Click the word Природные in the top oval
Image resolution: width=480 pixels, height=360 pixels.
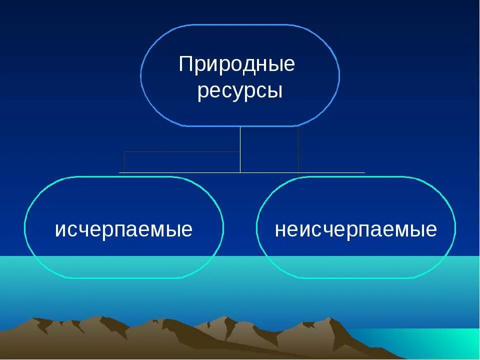pyautogui.click(x=237, y=64)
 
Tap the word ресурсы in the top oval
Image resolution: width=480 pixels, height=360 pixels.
pyautogui.click(x=240, y=91)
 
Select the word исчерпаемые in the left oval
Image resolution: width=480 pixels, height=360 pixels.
pyautogui.click(x=123, y=229)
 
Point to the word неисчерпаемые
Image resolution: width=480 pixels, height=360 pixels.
pyautogui.click(x=355, y=229)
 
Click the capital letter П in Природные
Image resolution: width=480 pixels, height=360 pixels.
pyautogui.click(x=186, y=64)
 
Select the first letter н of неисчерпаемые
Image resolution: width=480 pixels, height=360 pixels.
pyautogui.click(x=279, y=230)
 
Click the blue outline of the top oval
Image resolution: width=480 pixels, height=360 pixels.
pyautogui.click(x=240, y=24)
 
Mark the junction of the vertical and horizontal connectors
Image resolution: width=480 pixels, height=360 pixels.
pyautogui.click(x=240, y=172)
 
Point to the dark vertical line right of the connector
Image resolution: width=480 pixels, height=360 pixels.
pyautogui.click(x=298, y=150)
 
